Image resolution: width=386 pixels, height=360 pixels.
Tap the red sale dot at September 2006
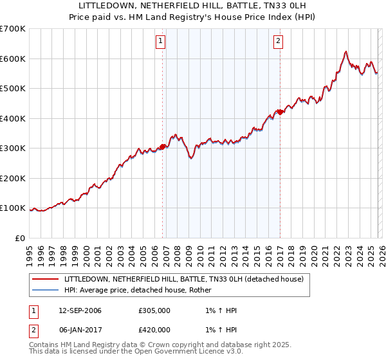click(162, 147)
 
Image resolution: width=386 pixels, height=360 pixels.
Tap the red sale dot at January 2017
click(280, 112)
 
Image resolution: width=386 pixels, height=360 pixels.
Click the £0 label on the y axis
click(21, 238)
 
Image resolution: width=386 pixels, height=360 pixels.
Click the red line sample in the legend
click(45, 279)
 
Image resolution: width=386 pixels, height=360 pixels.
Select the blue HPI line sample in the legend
click(45, 290)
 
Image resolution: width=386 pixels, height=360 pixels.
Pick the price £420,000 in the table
click(154, 329)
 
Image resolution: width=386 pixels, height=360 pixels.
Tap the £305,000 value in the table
click(154, 310)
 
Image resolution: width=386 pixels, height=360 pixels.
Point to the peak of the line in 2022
click(346, 51)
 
